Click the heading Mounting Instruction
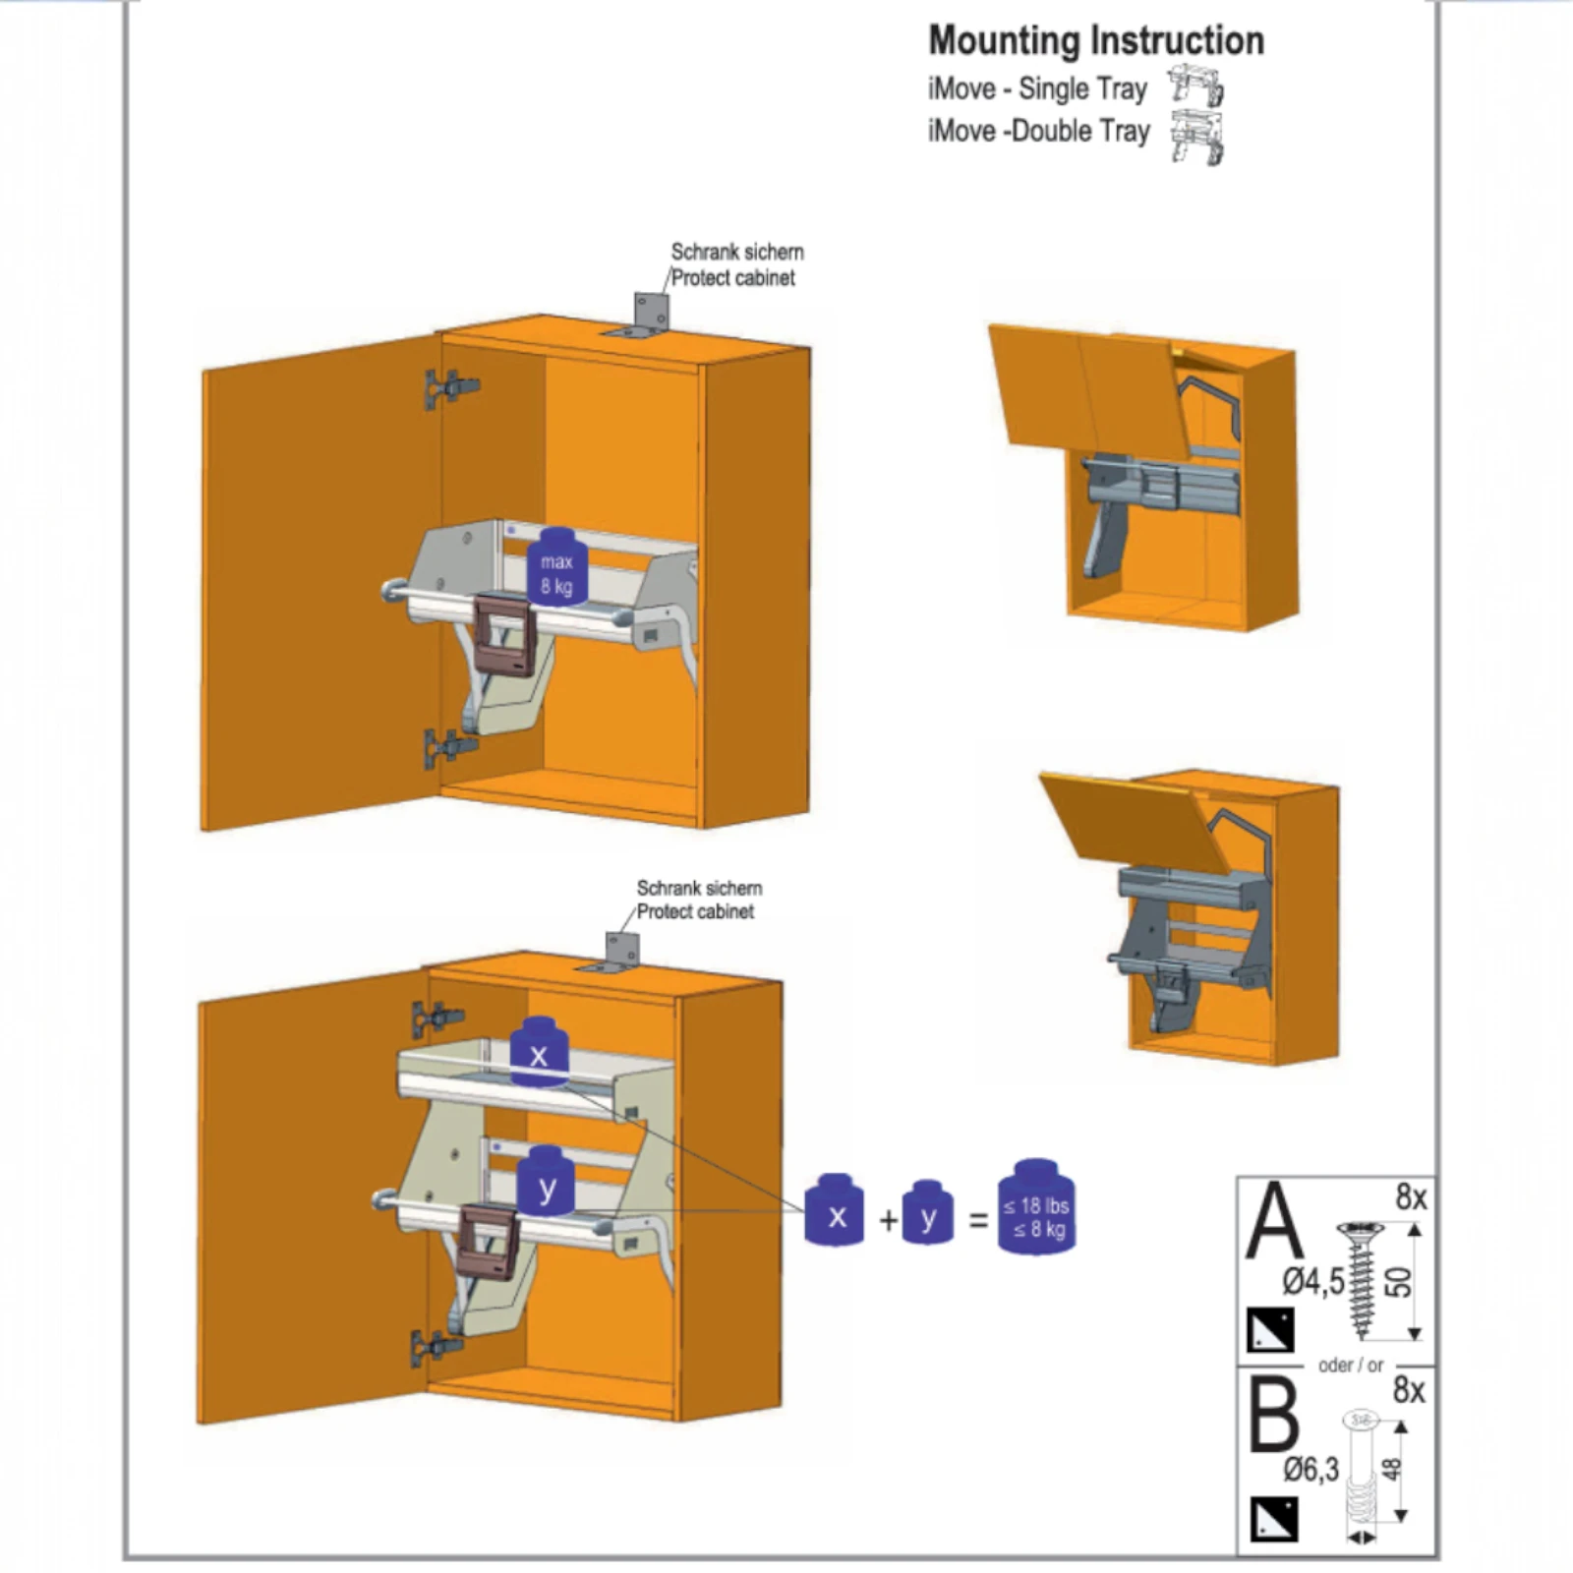(x=1096, y=41)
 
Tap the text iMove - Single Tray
(x=1037, y=88)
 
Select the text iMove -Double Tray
(x=1038, y=131)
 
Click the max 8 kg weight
(x=557, y=567)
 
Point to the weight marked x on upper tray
(x=539, y=1052)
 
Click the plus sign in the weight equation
(x=889, y=1220)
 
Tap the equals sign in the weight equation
(x=978, y=1220)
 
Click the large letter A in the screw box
(x=1274, y=1220)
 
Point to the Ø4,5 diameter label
(x=1312, y=1282)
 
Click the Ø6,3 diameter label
(x=1311, y=1470)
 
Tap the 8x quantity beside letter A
(x=1411, y=1197)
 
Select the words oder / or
(x=1351, y=1366)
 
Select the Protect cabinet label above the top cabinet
(x=732, y=278)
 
